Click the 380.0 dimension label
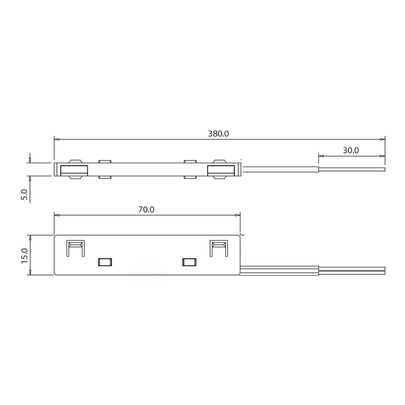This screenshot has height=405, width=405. point(218,133)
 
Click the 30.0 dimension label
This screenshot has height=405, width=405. point(351,150)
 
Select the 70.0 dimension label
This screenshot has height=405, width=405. point(146,210)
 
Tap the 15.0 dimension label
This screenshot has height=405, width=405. point(24,255)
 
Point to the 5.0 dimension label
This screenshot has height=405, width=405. point(24,195)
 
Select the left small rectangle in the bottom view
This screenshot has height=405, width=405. point(105,262)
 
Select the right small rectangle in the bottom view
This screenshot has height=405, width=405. point(189,262)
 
